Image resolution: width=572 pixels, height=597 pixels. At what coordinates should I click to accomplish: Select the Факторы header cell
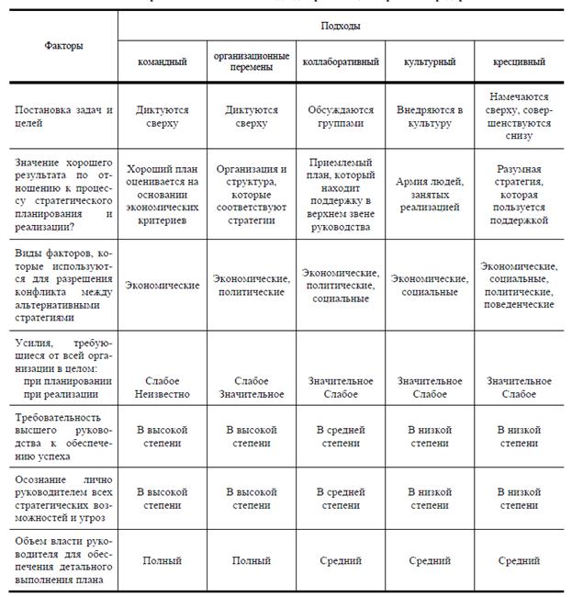click(63, 45)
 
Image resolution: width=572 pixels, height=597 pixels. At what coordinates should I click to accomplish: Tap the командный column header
click(163, 62)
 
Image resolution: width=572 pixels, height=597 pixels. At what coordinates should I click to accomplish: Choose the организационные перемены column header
click(252, 62)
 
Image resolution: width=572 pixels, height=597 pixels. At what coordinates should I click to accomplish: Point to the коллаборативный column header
click(342, 62)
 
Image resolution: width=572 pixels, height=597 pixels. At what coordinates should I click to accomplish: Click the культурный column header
click(431, 62)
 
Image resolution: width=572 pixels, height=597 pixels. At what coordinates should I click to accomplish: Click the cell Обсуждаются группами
click(342, 116)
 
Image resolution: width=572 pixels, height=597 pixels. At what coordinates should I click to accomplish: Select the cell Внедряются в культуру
click(431, 116)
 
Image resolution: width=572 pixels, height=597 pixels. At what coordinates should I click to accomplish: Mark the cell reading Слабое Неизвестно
click(163, 388)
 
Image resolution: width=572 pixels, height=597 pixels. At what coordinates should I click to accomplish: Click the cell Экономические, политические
click(252, 285)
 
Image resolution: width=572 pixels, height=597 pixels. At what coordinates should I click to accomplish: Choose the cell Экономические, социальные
click(431, 285)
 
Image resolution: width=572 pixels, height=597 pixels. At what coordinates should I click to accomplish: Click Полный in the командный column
click(163, 560)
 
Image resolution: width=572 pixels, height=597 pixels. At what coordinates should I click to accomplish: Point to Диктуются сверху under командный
click(163, 116)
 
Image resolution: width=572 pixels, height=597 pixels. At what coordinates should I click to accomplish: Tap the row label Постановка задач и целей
click(63, 116)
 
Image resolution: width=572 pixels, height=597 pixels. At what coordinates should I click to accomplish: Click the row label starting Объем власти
click(63, 560)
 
